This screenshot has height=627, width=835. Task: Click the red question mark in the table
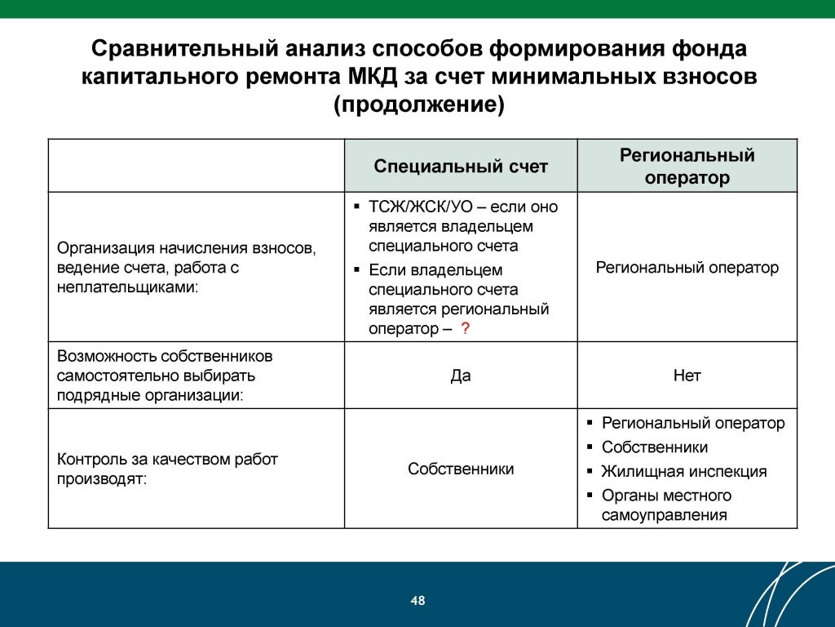(465, 329)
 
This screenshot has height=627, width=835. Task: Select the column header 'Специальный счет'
(461, 167)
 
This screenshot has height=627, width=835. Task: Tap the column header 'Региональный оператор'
(687, 167)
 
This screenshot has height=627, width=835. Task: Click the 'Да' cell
(461, 376)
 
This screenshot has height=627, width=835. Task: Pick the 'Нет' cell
(687, 376)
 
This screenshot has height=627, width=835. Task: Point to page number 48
(417, 601)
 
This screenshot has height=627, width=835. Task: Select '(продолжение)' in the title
(418, 106)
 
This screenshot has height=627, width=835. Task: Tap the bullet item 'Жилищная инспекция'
(683, 471)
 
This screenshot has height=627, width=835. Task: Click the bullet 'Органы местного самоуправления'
(665, 505)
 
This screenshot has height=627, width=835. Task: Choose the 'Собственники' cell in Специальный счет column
(461, 469)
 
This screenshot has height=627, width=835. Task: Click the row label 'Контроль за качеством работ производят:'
(167, 469)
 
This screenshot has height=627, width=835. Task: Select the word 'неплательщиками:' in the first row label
(128, 287)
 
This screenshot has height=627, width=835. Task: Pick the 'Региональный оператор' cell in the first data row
(687, 267)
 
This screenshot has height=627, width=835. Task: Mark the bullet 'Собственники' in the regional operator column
(654, 447)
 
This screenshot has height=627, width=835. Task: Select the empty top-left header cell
(196, 166)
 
